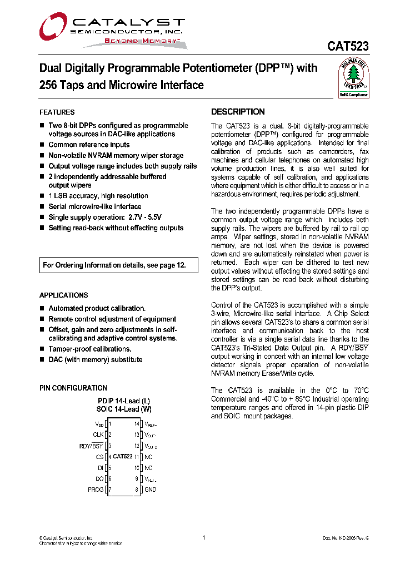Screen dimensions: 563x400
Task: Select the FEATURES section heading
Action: click(x=57, y=112)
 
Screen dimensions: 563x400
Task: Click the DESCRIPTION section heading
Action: click(x=238, y=112)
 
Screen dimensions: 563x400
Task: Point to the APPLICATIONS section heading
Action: click(x=63, y=295)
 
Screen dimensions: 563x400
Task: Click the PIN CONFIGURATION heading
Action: click(x=73, y=388)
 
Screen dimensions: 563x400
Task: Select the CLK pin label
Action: click(x=98, y=435)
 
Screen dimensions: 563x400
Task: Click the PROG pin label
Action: click(x=96, y=490)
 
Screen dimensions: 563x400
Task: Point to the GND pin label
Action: click(x=151, y=490)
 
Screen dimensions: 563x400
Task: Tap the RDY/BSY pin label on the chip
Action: click(x=92, y=446)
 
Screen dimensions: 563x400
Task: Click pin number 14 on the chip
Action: click(x=137, y=424)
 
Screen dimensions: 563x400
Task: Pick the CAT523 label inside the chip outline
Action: click(x=123, y=457)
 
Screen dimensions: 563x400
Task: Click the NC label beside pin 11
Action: click(x=148, y=457)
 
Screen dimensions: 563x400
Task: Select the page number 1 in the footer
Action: click(x=204, y=537)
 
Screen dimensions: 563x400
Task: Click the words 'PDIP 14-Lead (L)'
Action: click(x=123, y=401)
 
